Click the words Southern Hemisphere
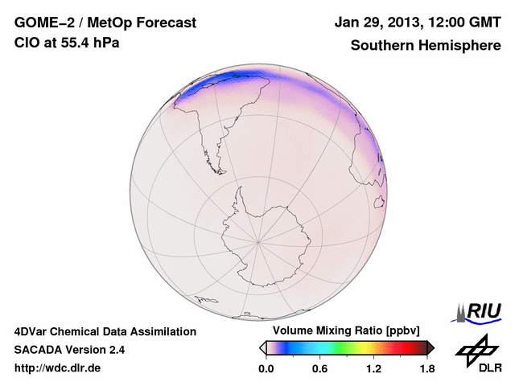click(x=426, y=45)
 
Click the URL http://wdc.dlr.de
click(x=58, y=368)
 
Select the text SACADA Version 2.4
click(x=69, y=350)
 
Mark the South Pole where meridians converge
click(x=257, y=240)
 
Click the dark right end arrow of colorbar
click(x=431, y=347)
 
